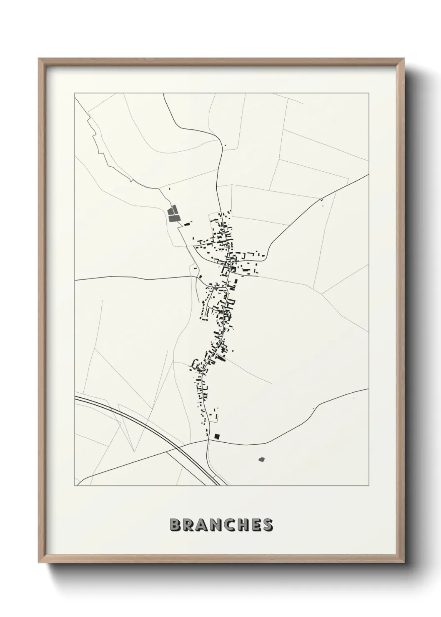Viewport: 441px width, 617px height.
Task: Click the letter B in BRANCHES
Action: pos(175,525)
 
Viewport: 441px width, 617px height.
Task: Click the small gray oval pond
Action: pos(262,459)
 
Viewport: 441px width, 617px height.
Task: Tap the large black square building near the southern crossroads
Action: pos(216,436)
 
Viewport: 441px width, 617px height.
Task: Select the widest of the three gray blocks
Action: pos(172,217)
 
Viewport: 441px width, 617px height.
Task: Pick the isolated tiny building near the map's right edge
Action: pos(353,398)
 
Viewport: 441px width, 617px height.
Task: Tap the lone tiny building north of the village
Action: pos(226,145)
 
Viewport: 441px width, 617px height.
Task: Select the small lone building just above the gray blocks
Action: pos(169,189)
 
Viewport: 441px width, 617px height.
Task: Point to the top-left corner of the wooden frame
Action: pos(39,59)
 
